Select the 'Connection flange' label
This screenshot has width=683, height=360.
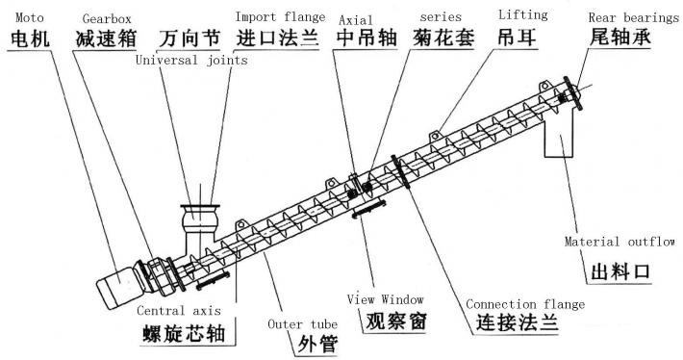[519, 305]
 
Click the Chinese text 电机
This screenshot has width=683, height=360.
[29, 41]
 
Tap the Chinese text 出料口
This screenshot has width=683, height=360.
[620, 271]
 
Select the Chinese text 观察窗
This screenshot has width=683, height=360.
[396, 322]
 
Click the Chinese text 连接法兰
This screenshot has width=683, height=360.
[517, 324]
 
